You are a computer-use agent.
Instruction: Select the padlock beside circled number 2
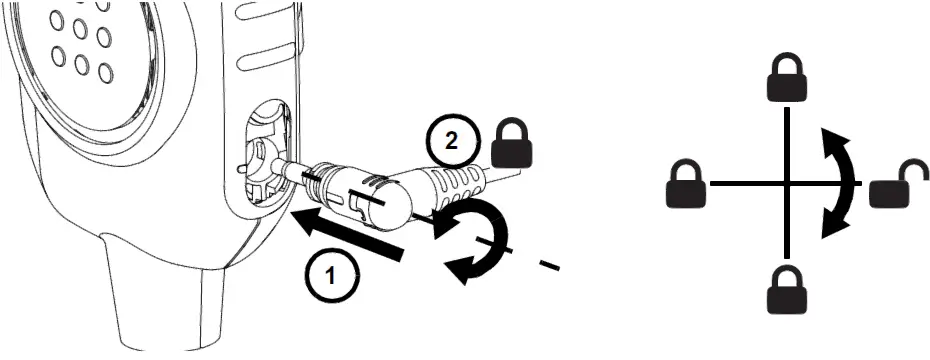tap(513, 145)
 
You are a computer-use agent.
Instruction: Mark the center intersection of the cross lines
tap(789, 184)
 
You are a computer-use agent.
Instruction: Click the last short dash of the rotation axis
tap(549, 265)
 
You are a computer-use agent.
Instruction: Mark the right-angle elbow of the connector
tap(395, 196)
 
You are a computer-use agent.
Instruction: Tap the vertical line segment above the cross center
tap(789, 140)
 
